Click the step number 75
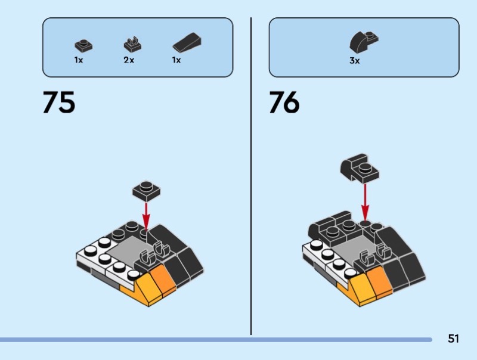click(59, 103)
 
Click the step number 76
click(284, 103)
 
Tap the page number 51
click(453, 339)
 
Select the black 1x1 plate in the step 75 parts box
click(82, 45)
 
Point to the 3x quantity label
click(355, 61)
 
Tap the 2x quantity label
click(129, 60)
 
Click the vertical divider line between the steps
click(251, 179)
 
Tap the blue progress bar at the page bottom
click(215, 340)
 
